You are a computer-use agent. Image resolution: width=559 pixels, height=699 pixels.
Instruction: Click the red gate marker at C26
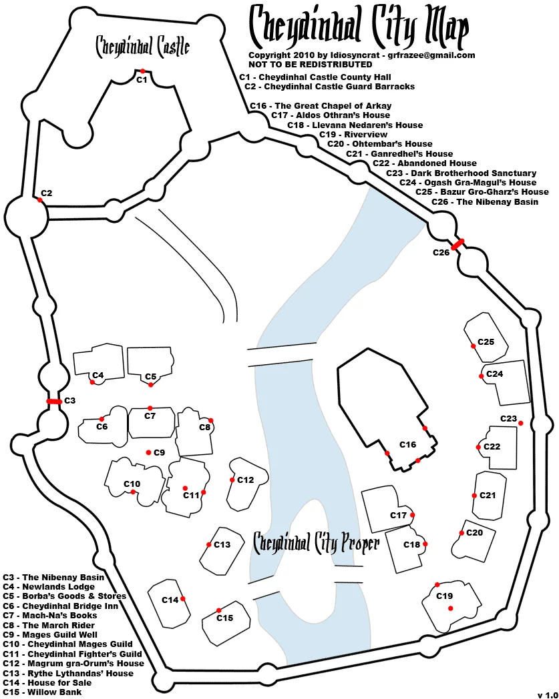click(457, 244)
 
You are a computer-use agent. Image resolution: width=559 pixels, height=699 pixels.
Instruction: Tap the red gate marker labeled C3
click(55, 402)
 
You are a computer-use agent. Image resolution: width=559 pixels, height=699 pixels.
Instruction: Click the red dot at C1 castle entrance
click(142, 71)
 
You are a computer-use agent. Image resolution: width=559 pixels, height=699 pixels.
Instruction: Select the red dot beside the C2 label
click(39, 200)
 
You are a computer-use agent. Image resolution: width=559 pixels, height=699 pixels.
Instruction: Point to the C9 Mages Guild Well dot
click(149, 452)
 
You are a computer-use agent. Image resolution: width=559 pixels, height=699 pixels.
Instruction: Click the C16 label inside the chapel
click(407, 444)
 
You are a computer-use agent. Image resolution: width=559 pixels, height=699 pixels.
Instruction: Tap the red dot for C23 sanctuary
click(521, 423)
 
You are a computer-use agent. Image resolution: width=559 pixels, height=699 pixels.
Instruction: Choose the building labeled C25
click(486, 337)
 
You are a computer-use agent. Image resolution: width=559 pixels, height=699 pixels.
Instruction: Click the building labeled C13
click(222, 550)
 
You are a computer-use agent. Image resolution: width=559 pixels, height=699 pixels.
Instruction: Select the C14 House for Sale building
click(169, 604)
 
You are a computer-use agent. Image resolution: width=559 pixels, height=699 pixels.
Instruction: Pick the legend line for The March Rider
click(49, 625)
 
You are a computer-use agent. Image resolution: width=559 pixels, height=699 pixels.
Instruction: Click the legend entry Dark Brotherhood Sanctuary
click(461, 173)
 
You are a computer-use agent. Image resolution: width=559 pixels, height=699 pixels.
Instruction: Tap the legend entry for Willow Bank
click(43, 692)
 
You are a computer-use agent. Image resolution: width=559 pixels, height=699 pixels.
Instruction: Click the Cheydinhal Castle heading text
click(143, 47)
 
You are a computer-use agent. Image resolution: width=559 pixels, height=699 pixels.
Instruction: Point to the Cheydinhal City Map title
click(359, 26)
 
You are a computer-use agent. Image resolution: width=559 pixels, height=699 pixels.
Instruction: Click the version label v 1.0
click(548, 695)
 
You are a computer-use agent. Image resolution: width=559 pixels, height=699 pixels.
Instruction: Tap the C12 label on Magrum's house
click(245, 480)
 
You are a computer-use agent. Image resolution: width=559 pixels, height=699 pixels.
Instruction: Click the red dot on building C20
click(461, 533)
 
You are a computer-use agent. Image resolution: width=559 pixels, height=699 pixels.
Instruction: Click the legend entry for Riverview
click(353, 134)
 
